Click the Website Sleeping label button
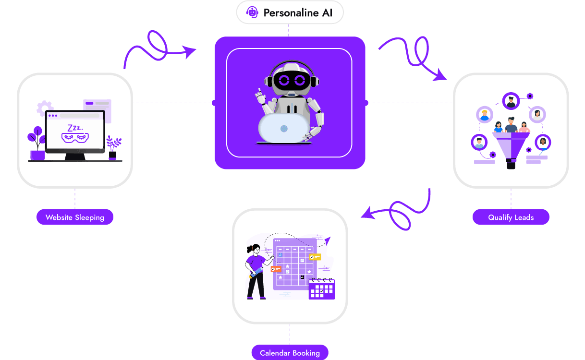point(74,217)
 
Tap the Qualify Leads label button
point(511,217)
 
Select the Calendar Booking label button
point(290,353)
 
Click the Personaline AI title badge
point(290,12)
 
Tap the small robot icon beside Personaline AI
point(252,12)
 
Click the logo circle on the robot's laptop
point(284,129)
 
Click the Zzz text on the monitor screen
point(74,128)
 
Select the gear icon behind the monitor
point(45,108)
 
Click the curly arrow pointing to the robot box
point(158,48)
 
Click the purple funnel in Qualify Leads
point(511,149)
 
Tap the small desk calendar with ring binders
point(322,288)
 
